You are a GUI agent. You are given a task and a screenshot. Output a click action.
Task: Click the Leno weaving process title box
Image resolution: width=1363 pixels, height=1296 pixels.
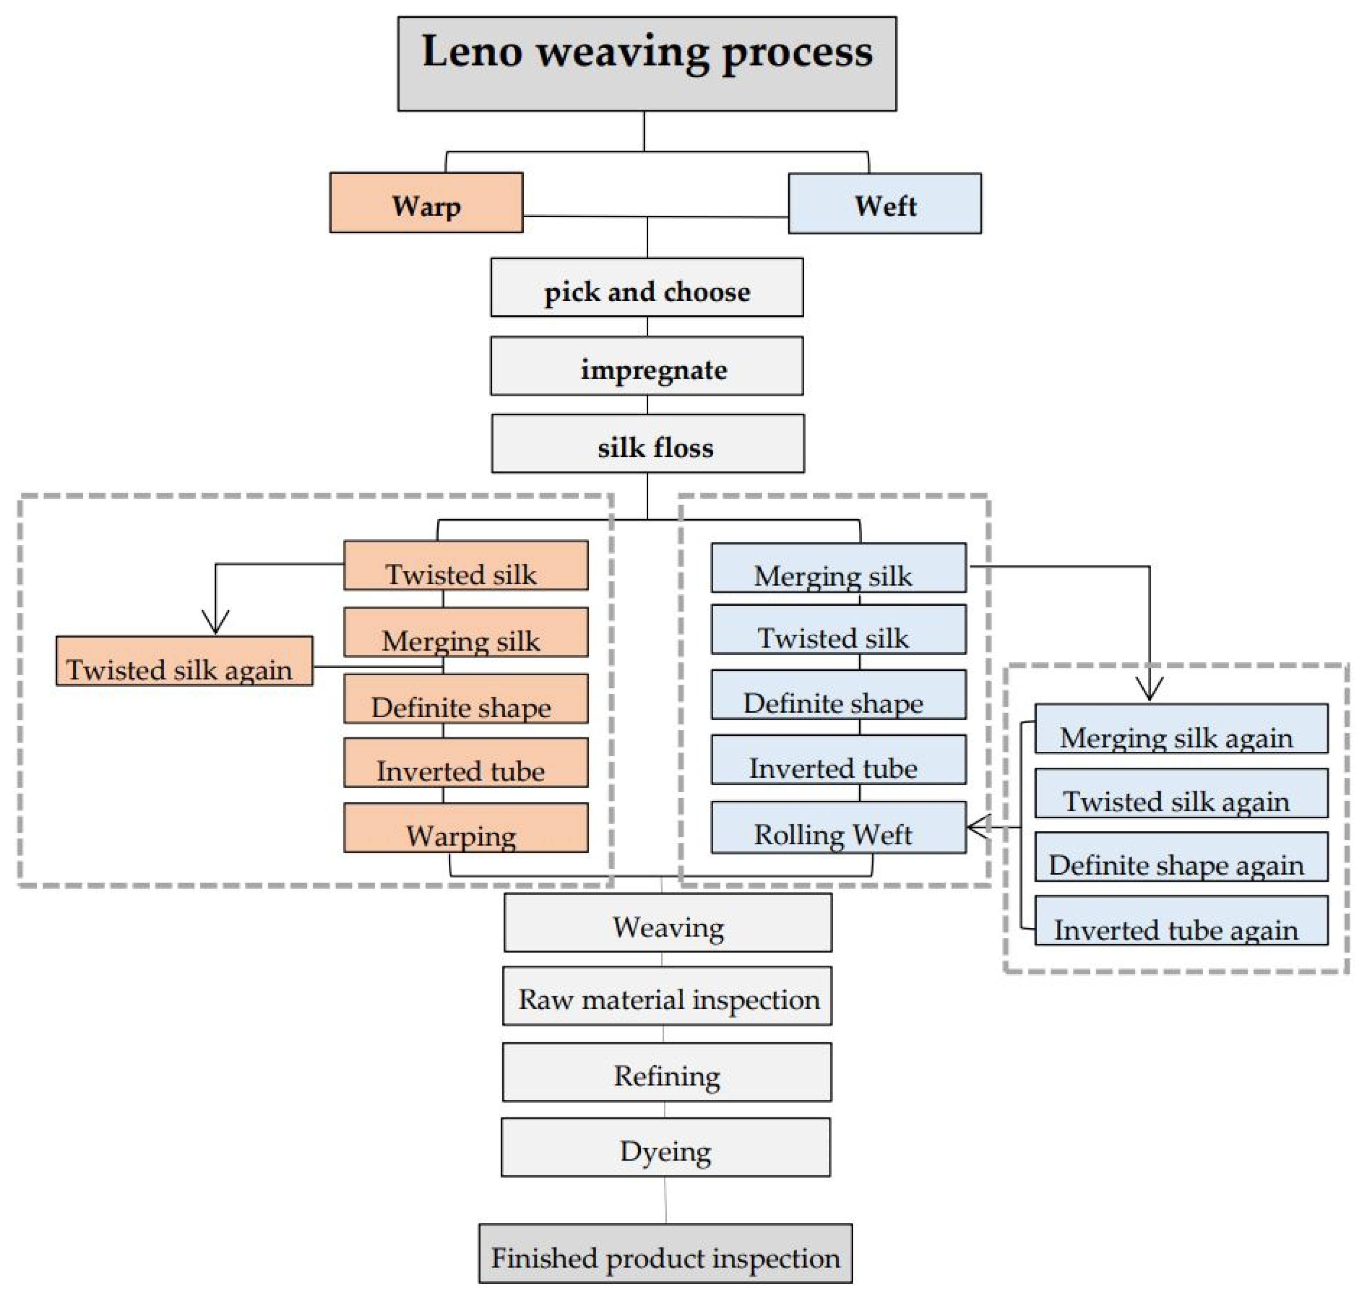coord(647,64)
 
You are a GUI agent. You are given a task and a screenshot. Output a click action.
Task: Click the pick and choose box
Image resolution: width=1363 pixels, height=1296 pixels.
coord(647,288)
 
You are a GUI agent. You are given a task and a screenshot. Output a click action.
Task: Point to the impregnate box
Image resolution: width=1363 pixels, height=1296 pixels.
coord(647,366)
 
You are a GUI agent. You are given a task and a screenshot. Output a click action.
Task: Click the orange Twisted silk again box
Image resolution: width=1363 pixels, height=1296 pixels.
coord(184,661)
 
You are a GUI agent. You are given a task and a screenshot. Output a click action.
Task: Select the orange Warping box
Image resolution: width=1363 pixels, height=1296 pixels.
coord(466,828)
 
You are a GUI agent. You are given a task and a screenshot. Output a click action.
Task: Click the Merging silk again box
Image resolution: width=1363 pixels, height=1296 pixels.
coord(1181,729)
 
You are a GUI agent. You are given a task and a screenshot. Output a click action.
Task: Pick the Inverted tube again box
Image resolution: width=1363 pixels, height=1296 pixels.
coord(1181,921)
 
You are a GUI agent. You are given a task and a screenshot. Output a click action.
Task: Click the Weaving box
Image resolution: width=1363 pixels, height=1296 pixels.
coord(667,923)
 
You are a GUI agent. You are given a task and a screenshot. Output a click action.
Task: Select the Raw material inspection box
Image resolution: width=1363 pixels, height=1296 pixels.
coord(667,996)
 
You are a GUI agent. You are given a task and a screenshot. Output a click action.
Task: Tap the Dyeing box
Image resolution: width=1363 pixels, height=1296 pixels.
coord(665,1148)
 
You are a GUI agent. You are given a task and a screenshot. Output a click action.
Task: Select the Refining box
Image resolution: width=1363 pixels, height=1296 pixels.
coord(667,1072)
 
